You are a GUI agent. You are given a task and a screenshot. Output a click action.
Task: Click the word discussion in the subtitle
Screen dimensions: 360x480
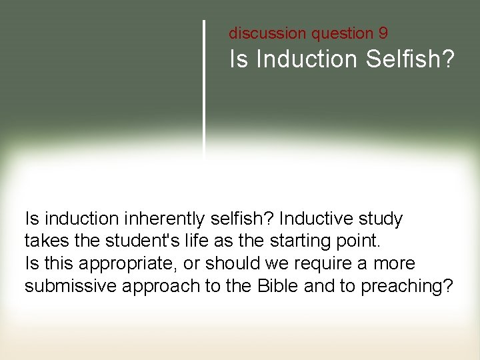click(258, 33)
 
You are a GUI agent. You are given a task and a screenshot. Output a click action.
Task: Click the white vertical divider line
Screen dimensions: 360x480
click(203, 87)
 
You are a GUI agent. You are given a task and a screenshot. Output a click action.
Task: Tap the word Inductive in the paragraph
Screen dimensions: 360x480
click(317, 219)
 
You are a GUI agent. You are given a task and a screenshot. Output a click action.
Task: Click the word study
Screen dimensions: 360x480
click(380, 219)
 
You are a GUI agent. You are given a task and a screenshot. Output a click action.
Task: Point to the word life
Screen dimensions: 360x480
click(176, 241)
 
